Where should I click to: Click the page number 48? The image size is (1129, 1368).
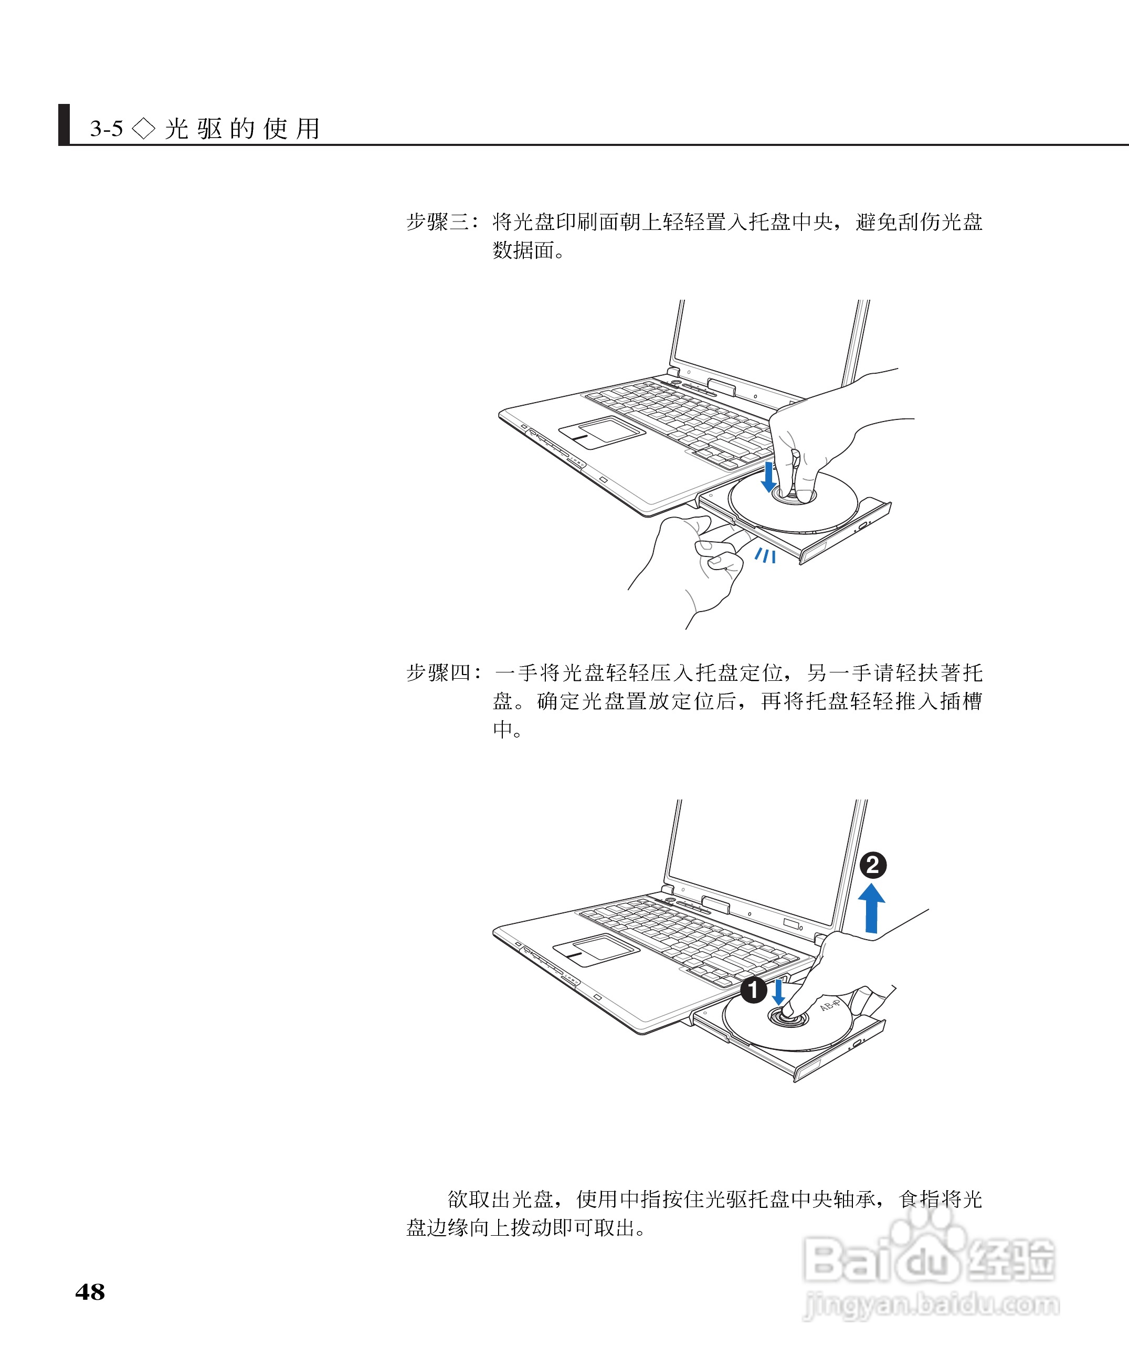(x=90, y=1292)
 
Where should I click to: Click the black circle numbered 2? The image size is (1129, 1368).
(x=873, y=865)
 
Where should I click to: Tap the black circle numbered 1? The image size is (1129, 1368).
(x=754, y=990)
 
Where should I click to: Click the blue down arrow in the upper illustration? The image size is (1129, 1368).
(x=769, y=477)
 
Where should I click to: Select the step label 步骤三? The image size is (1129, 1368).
(x=438, y=223)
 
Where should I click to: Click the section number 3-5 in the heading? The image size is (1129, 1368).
(x=107, y=129)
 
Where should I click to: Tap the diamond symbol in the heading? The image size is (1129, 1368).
(x=144, y=128)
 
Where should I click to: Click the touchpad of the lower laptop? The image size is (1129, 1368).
(x=596, y=950)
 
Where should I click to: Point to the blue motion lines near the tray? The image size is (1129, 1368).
(x=765, y=555)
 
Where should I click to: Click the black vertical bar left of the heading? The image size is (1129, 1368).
(x=64, y=124)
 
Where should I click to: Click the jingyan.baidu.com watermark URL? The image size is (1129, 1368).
(x=931, y=1306)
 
